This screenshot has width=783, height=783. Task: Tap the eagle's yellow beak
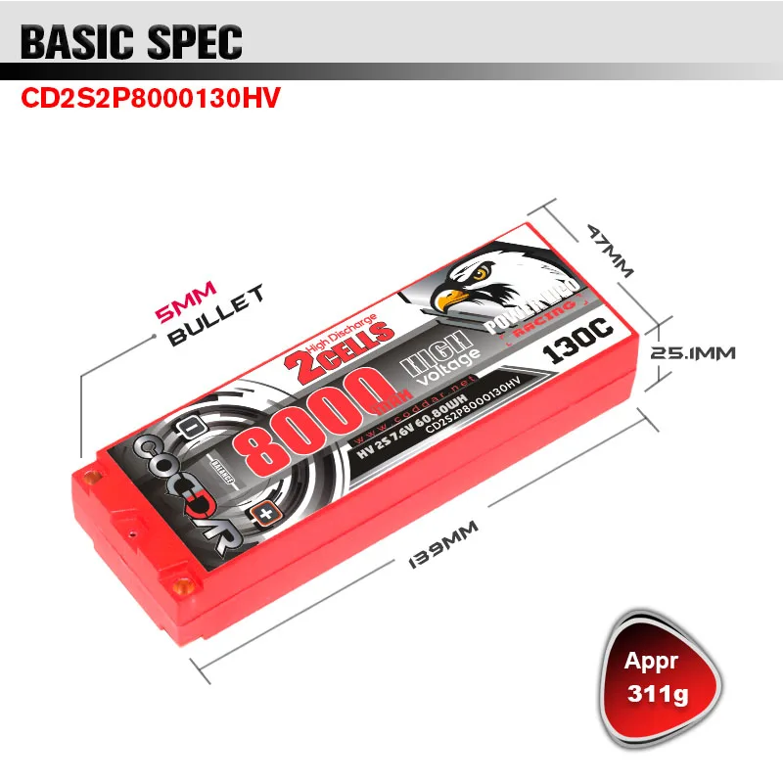[x=452, y=299]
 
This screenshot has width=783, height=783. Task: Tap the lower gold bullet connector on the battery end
[x=181, y=586]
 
